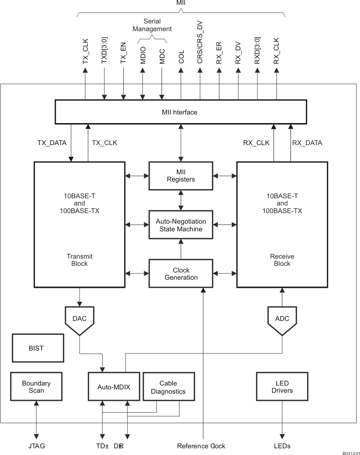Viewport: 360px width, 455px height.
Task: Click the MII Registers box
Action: coord(181,176)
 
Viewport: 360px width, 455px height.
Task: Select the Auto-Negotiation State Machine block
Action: coord(181,225)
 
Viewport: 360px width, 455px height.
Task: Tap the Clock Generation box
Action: coord(181,274)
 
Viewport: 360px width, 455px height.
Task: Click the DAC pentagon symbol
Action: coord(79,319)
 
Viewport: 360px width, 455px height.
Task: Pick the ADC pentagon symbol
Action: coord(282,319)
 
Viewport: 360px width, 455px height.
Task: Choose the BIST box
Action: coord(36,348)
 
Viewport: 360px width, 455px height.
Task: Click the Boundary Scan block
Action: coord(36,387)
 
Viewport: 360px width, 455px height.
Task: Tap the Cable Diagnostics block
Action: coord(168,387)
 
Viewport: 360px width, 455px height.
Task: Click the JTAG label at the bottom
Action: coord(36,446)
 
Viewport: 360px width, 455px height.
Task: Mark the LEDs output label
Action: coord(282,446)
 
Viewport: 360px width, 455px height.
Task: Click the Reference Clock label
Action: coord(201,446)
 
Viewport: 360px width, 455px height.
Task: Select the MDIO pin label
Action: coord(143,56)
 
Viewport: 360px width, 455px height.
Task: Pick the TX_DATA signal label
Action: coord(52,143)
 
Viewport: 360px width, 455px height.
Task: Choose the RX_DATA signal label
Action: coord(307,143)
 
